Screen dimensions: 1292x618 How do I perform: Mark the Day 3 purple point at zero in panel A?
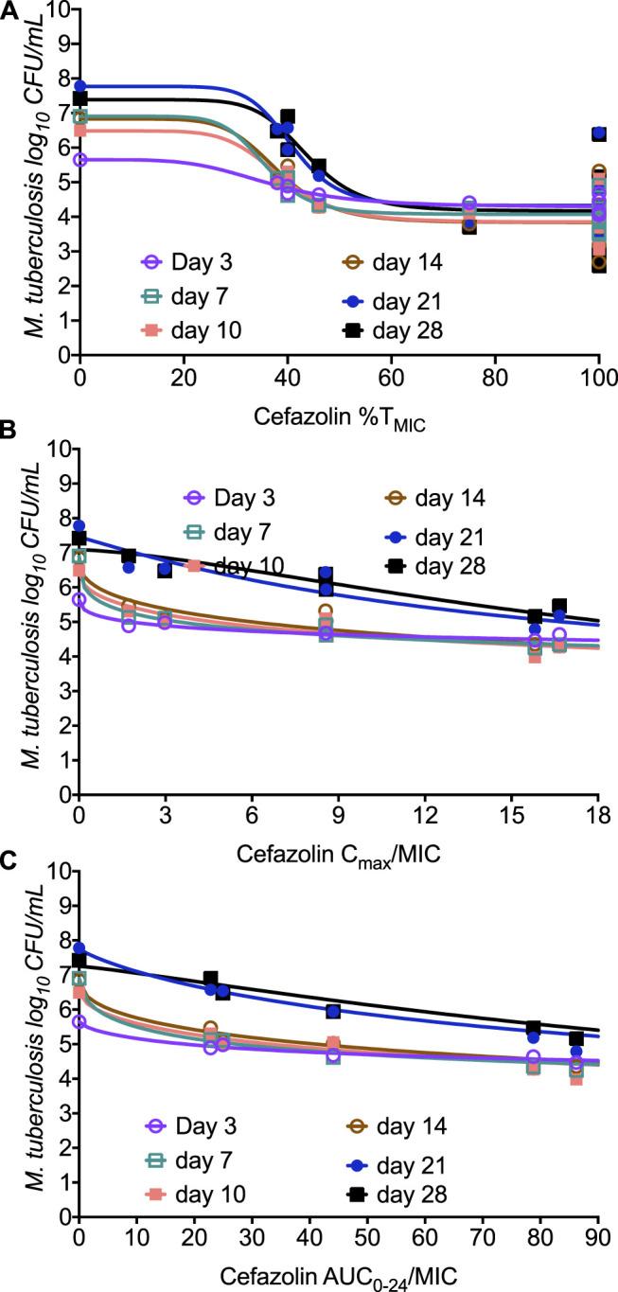80,159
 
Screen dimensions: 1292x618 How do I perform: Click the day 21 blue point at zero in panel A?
80,86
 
